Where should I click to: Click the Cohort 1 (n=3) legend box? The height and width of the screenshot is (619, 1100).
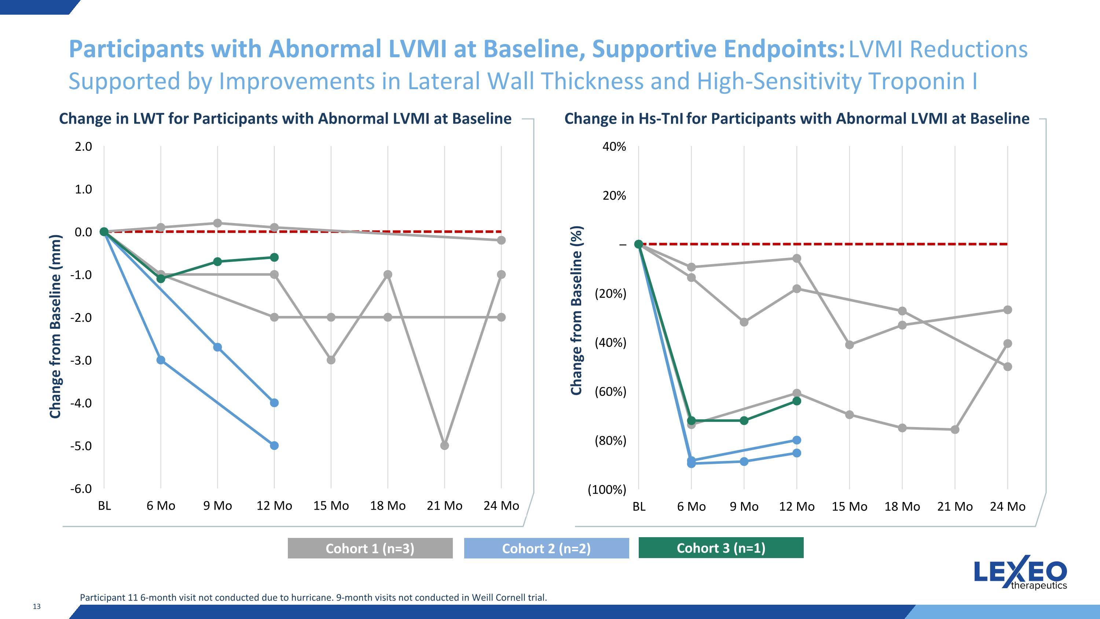coord(370,548)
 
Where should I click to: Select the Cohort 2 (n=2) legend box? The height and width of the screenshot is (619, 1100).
coord(546,548)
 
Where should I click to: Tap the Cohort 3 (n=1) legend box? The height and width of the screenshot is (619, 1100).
coord(721,548)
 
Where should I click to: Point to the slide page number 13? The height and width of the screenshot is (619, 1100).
coord(37,607)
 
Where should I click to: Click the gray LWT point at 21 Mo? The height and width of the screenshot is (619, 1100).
coord(444,445)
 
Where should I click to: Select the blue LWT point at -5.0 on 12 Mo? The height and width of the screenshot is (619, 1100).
coord(275,445)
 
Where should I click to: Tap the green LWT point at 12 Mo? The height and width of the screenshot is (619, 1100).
coord(275,257)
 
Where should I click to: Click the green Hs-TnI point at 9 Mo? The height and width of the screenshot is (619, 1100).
coord(744,421)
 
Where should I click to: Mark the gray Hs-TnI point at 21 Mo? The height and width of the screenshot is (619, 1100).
coord(955,430)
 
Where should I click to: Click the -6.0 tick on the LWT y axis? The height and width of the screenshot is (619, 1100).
coord(81,489)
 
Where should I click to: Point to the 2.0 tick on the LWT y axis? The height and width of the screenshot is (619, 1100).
coord(83,146)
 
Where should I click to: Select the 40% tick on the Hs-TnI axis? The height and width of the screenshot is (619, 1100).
coord(614,146)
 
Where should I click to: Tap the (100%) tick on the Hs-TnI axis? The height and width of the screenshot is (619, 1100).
coord(607,489)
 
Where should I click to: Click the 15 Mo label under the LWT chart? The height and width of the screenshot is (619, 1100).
coord(331,506)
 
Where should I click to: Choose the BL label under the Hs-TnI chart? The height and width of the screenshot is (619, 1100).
coord(639,507)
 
